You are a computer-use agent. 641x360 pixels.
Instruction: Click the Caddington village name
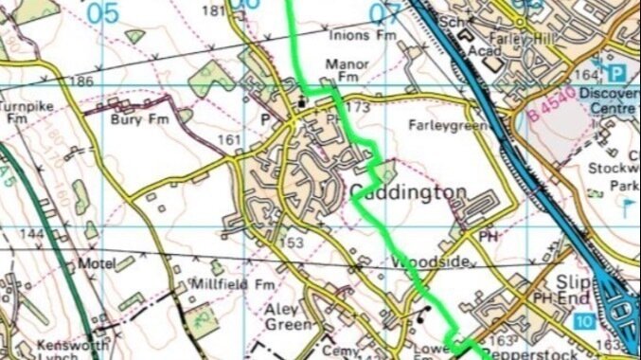pos(409,193)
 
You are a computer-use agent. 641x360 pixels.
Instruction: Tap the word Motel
pos(94,263)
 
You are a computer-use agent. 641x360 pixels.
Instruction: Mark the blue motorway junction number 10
pos(582,323)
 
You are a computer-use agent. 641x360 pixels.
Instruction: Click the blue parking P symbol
pos(617,73)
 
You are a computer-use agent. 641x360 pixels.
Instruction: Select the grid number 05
pos(105,12)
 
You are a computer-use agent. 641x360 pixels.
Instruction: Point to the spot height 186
pos(81,82)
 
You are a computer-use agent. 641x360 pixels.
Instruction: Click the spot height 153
pos(292,243)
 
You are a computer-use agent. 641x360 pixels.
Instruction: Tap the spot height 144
pos(31,233)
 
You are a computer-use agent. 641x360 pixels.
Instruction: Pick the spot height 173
pos(358,107)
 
